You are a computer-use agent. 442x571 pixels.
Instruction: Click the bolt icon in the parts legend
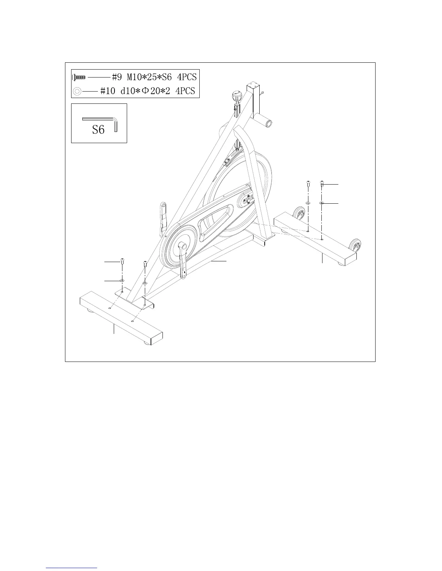click(79, 77)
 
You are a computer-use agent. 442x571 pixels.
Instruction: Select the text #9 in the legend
click(117, 77)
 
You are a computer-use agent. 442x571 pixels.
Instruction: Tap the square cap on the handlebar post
click(254, 87)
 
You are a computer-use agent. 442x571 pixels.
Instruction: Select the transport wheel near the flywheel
click(299, 213)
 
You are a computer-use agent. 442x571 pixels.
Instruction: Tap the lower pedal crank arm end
click(183, 275)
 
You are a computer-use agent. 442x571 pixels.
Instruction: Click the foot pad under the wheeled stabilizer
click(340, 263)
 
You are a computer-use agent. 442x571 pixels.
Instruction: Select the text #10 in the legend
click(107, 91)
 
